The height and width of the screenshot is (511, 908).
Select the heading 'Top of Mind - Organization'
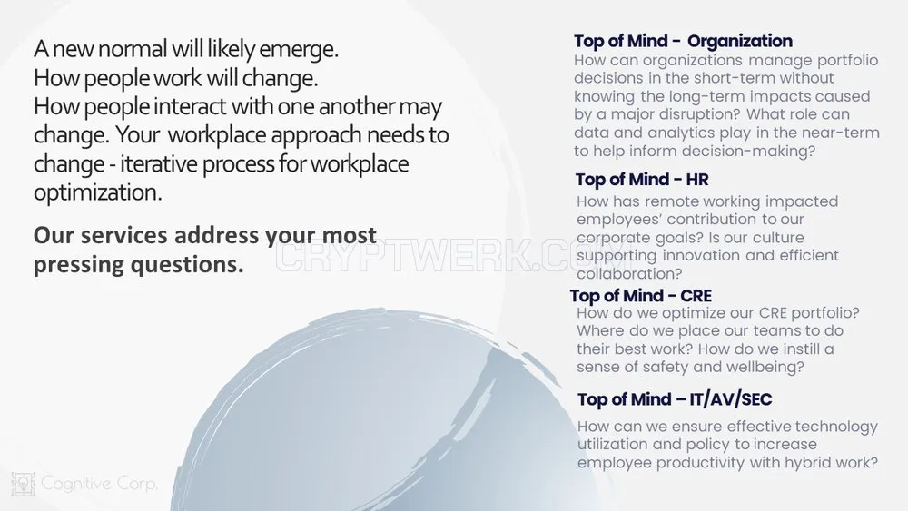[684, 41]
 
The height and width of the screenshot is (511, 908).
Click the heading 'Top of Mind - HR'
[642, 180]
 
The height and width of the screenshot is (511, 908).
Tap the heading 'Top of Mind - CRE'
[640, 296]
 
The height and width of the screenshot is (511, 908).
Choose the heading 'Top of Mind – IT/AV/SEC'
[675, 399]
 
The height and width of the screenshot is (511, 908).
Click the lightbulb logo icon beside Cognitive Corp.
[24, 484]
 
